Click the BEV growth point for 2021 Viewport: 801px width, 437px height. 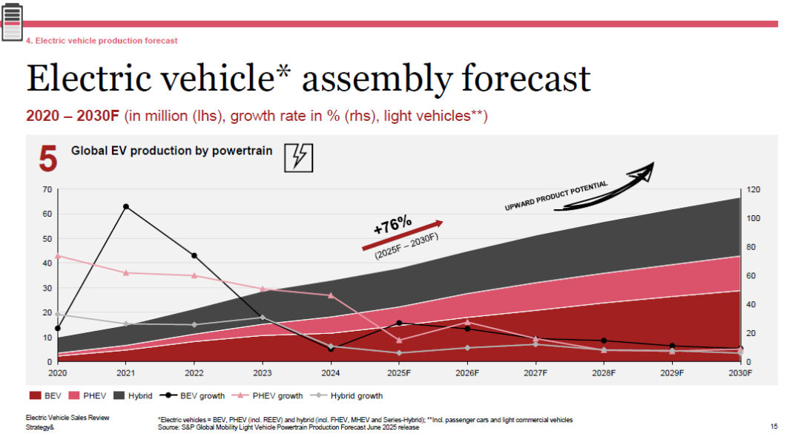(125, 207)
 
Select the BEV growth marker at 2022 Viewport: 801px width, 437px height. (194, 255)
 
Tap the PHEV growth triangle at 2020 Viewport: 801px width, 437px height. (58, 256)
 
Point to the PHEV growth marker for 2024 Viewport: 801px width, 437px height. (331, 295)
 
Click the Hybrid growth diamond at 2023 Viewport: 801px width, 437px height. (263, 318)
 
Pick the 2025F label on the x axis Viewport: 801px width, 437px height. (399, 373)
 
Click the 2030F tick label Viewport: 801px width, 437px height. (740, 373)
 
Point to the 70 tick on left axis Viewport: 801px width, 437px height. (47, 190)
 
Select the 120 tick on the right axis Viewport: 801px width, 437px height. (754, 190)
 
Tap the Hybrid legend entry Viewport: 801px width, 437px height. (133, 395)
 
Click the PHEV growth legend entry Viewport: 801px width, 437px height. (267, 395)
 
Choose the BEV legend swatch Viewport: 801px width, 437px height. (36, 395)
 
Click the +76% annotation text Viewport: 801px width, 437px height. (392, 225)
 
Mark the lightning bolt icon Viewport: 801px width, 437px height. (299, 157)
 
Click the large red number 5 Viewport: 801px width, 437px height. (48, 159)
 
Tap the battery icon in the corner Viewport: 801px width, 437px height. (13, 22)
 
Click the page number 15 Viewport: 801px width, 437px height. (774, 427)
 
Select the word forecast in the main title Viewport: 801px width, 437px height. (526, 79)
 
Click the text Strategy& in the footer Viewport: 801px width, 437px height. (40, 427)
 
